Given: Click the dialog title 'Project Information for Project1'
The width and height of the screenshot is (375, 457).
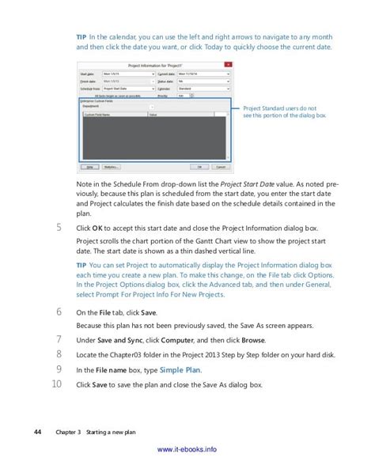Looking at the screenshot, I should [x=155, y=64].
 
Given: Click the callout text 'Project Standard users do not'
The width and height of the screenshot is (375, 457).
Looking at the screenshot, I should [x=274, y=108].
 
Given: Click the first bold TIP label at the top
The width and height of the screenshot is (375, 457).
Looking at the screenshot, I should [x=81, y=36].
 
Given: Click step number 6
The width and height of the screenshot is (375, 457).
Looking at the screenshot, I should [x=59, y=312].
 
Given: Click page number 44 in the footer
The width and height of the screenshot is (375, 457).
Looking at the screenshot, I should [x=37, y=432].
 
